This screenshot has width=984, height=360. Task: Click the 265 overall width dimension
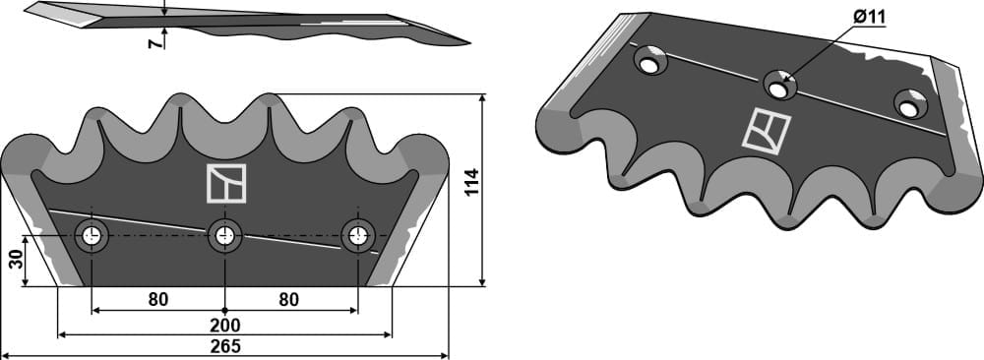click(x=225, y=346)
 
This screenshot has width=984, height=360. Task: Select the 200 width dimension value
click(x=225, y=325)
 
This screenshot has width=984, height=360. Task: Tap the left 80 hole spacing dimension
click(x=157, y=299)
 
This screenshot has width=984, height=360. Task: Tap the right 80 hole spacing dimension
click(x=288, y=299)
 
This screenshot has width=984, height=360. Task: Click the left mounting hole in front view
click(x=92, y=236)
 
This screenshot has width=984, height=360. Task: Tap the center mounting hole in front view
click(x=225, y=236)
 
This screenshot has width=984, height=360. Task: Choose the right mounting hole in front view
click(x=357, y=236)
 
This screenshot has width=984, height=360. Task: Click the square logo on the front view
click(x=224, y=183)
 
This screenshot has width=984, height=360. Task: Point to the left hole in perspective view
click(x=650, y=62)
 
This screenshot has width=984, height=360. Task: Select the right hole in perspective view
click(x=909, y=101)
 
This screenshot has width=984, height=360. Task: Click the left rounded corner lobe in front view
click(x=25, y=157)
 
